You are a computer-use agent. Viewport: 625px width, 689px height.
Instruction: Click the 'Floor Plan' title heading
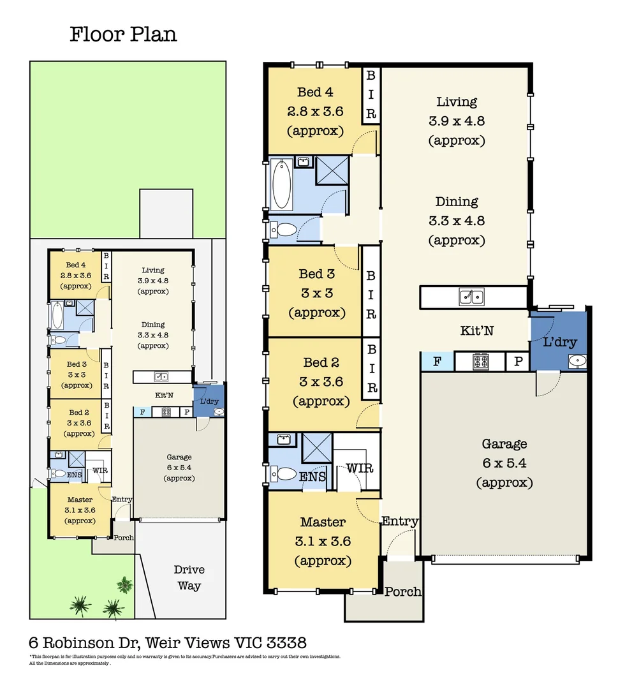pyautogui.click(x=123, y=34)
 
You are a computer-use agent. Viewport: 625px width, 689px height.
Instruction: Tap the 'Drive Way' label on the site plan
pyautogui.click(x=189, y=577)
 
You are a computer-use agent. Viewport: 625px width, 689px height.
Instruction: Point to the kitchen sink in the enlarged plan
pyautogui.click(x=472, y=297)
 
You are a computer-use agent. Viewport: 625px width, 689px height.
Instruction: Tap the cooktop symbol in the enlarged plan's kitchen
pyautogui.click(x=480, y=362)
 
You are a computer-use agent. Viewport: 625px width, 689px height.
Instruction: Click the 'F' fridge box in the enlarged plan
pyautogui.click(x=437, y=362)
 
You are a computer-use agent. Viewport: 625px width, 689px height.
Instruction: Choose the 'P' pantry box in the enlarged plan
pyautogui.click(x=516, y=362)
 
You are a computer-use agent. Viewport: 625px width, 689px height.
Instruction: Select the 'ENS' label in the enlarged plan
pyautogui.click(x=312, y=476)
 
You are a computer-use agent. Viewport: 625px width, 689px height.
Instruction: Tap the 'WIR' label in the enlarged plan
pyautogui.click(x=359, y=469)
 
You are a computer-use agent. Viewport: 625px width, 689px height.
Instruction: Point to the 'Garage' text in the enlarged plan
pyautogui.click(x=504, y=444)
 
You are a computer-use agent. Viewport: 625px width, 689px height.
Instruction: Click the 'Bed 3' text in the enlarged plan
pyautogui.click(x=316, y=274)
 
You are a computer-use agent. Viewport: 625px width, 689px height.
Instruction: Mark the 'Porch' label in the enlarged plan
pyautogui.click(x=402, y=591)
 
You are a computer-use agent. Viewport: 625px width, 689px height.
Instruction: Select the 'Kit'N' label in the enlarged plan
pyautogui.click(x=476, y=330)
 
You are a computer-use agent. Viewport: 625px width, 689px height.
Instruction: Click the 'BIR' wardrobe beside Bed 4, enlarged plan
pyautogui.click(x=371, y=95)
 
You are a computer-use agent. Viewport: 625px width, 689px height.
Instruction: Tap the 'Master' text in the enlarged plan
pyautogui.click(x=323, y=522)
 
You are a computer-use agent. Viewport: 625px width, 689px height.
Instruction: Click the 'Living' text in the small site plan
pyautogui.click(x=153, y=270)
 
